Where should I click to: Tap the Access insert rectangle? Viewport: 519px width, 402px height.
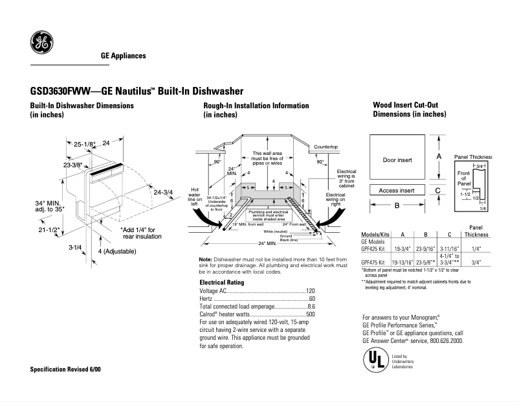[x=397, y=191]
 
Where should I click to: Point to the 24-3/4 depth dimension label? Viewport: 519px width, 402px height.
[x=163, y=191]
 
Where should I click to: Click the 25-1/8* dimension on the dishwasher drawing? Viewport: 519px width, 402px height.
[x=84, y=143]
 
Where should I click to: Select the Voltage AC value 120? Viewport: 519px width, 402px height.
[x=310, y=291]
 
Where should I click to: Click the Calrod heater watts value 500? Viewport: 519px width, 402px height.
[x=310, y=314]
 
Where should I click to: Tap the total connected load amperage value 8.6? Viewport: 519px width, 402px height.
[x=311, y=307]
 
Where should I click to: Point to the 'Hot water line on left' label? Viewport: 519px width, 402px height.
[x=195, y=195]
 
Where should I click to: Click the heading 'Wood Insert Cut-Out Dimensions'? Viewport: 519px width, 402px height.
[x=409, y=110]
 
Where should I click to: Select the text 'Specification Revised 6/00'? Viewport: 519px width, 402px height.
[x=65, y=369]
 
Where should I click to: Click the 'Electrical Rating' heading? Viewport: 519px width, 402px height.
[x=221, y=283]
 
